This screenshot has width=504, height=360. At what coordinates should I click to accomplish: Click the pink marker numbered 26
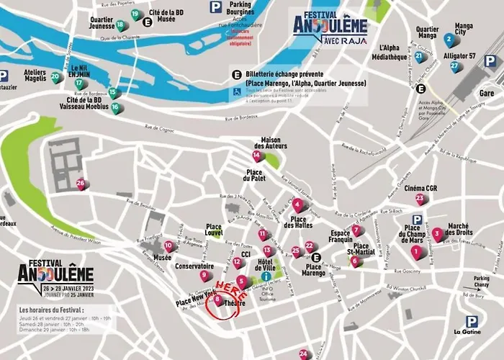tap(81, 184)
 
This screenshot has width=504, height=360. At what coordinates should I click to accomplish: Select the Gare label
tap(488, 94)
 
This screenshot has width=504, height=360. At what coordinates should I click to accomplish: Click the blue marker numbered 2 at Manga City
tap(449, 39)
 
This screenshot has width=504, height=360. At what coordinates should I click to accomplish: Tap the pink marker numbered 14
tap(257, 155)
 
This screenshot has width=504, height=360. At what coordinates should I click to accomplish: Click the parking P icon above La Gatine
tap(471, 322)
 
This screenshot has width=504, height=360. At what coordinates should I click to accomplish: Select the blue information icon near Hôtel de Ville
tap(266, 276)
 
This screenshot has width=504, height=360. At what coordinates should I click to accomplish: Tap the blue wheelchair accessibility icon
tap(235, 92)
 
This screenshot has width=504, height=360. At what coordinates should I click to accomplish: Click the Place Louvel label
tap(214, 229)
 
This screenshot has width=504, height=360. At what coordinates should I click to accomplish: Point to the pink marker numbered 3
tap(437, 233)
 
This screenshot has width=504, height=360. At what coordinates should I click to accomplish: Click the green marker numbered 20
tap(55, 77)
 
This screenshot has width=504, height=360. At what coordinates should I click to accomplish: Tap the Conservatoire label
tap(194, 266)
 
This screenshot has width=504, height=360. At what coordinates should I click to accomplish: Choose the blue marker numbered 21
tap(419, 57)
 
